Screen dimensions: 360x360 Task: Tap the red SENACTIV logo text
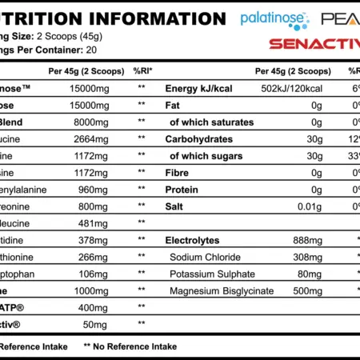tap(314, 43)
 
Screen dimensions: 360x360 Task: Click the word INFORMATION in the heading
tap(147, 18)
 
